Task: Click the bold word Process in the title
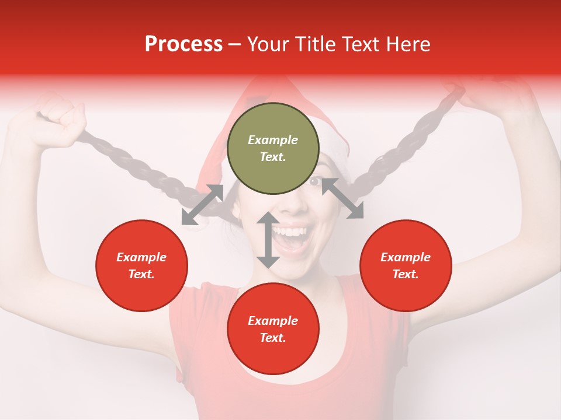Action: pos(183,44)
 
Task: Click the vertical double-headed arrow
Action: pos(268,240)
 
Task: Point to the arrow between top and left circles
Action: pos(202,205)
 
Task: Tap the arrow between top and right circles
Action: pos(342,198)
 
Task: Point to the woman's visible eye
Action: pos(314,182)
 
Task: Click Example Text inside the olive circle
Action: pos(273,148)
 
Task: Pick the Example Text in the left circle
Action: pos(141,265)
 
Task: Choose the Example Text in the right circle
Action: pos(406,265)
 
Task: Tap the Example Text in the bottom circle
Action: pos(273,329)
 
